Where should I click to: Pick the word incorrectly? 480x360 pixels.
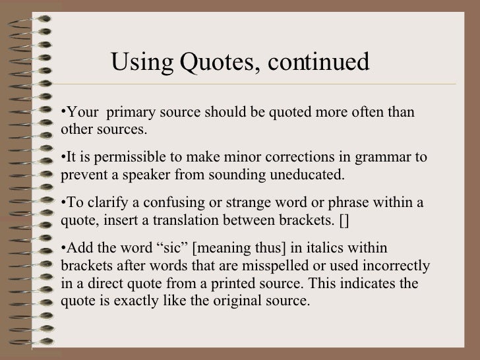398,266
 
